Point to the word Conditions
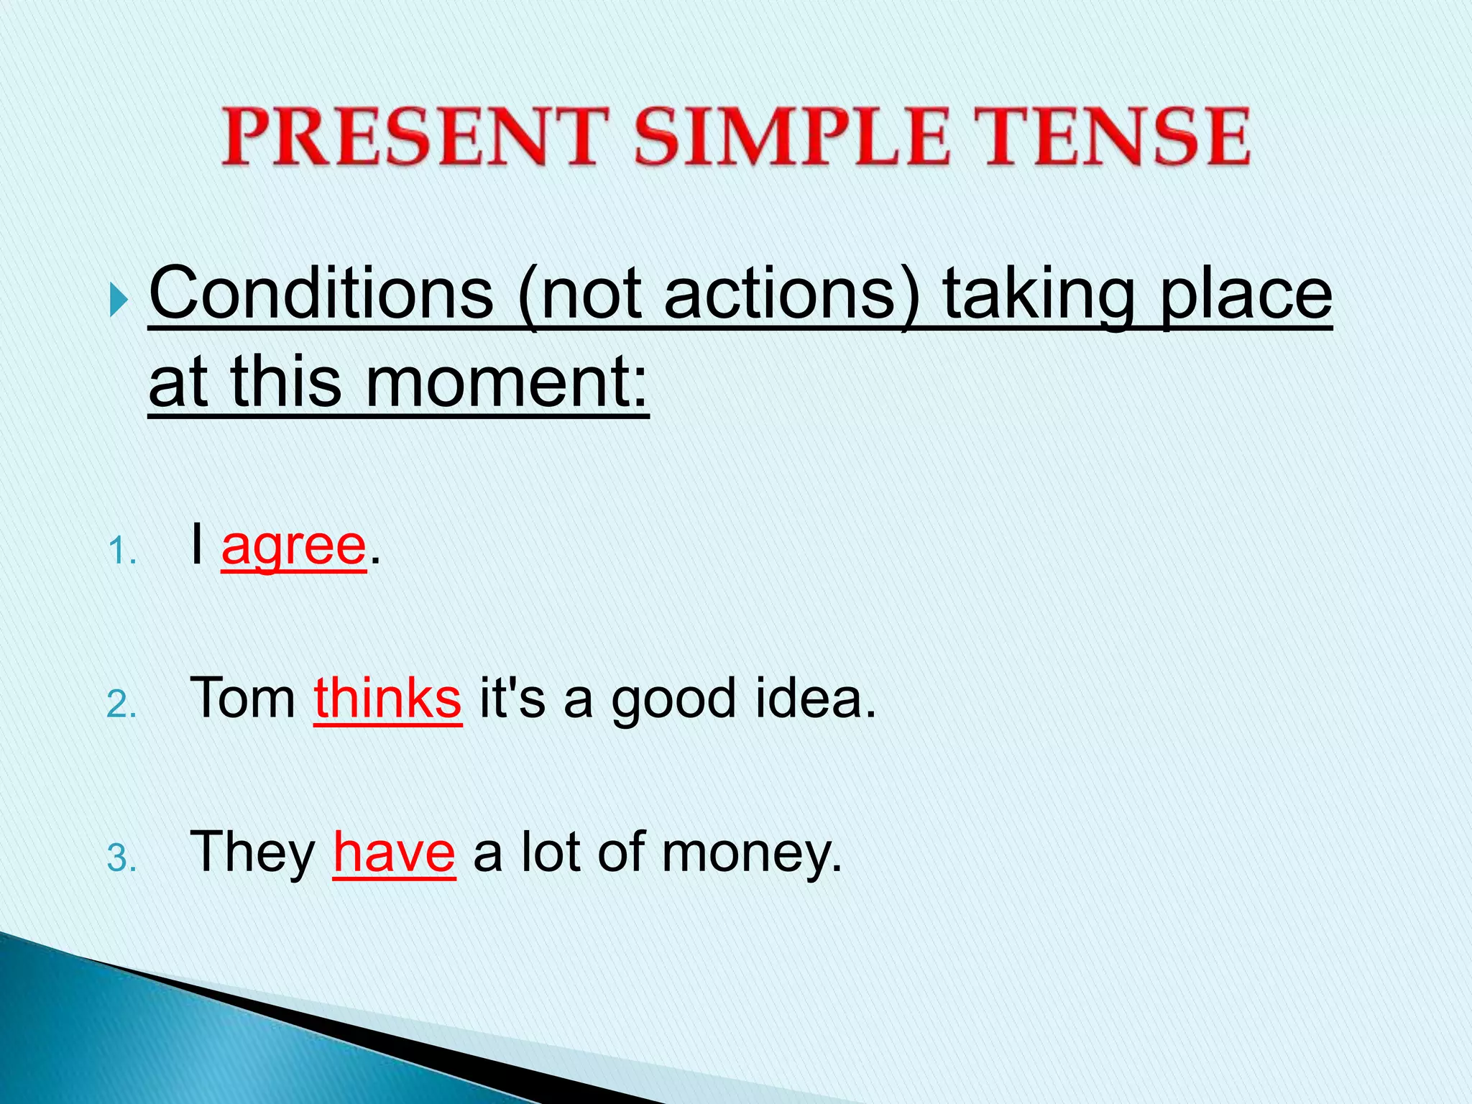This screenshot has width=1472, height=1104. tap(321, 294)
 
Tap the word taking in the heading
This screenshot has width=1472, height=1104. tap(1039, 294)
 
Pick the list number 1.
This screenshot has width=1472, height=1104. tap(121, 553)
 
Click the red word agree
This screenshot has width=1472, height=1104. tap(293, 546)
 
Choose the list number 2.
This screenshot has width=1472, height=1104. tap(121, 705)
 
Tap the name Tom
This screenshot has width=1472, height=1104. tap(243, 698)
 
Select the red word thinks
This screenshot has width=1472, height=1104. tap(387, 698)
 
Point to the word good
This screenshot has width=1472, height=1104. tap(673, 698)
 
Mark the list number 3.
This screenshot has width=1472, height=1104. tap(121, 859)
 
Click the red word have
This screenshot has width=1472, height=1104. tap(394, 852)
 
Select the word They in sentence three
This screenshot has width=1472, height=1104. tap(252, 852)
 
